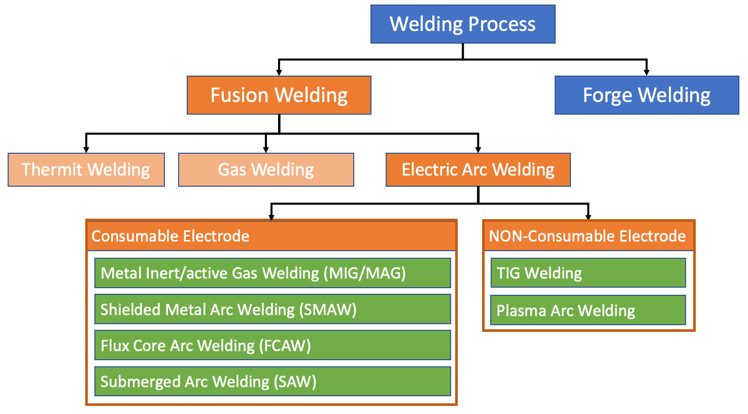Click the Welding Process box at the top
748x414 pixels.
coord(462,24)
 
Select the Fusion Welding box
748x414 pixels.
coord(279,95)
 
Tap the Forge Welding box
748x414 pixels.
coord(647,95)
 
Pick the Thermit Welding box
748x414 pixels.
coord(86,169)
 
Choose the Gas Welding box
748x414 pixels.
coord(266,169)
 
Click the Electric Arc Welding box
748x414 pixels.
coord(478,169)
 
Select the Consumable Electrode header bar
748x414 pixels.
coord(271,236)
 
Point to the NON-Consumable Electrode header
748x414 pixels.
coord(588,236)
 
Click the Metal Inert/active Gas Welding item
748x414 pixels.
coord(273,273)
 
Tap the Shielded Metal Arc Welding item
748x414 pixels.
coord(273,309)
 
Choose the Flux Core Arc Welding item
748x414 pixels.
coord(273,346)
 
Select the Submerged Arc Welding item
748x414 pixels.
coord(273,382)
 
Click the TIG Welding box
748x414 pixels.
coord(588,273)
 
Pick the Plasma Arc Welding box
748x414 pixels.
coord(588,310)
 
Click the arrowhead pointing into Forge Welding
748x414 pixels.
coord(646,72)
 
